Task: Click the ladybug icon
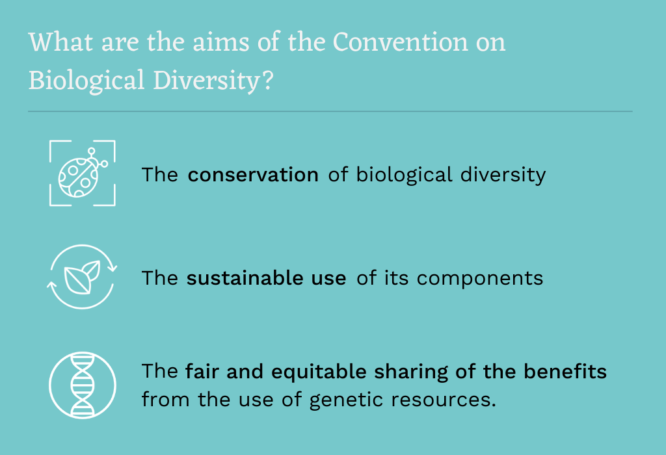coord(83,173)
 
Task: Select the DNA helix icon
coord(83,385)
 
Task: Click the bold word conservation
coord(253,175)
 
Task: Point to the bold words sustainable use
coord(266,278)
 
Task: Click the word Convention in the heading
coord(401,42)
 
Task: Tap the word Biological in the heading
coord(87,81)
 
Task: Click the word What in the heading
coord(60,42)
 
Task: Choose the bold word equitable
coord(319,372)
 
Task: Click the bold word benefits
coord(565,371)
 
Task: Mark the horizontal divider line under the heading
coord(330,112)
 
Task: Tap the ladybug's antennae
coord(98,157)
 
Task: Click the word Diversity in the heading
coord(207,81)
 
